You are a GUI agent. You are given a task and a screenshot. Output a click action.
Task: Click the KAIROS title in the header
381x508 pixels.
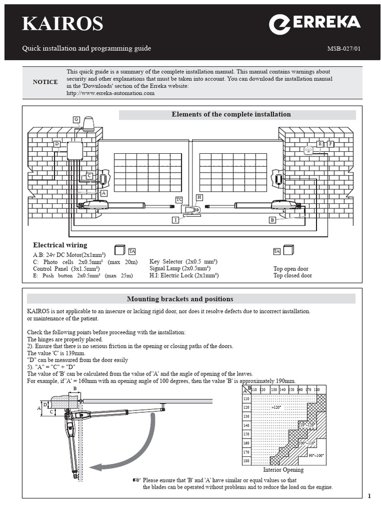click(x=62, y=24)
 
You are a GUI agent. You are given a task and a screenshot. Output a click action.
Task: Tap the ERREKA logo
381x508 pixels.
click(x=315, y=24)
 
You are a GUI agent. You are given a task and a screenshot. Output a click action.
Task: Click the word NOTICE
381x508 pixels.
click(x=45, y=82)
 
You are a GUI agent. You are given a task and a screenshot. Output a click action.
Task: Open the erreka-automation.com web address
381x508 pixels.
click(x=110, y=93)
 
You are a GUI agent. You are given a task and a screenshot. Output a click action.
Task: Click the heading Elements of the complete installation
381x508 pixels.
click(x=231, y=115)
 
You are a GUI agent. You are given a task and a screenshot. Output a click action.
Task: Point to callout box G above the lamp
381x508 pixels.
click(x=76, y=120)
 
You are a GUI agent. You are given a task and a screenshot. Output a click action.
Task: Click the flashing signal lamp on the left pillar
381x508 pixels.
click(x=89, y=124)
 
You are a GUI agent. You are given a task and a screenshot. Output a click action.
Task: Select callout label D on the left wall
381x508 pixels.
click(x=57, y=144)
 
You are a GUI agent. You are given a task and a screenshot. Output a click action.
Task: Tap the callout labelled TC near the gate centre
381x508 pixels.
click(x=179, y=199)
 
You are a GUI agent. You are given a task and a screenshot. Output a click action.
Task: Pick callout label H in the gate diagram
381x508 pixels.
click(x=199, y=197)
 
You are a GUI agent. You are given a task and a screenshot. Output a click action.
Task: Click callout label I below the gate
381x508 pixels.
click(x=176, y=220)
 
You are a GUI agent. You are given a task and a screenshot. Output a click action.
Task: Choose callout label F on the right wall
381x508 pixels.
click(x=330, y=144)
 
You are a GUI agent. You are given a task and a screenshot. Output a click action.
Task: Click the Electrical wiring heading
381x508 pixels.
click(x=60, y=245)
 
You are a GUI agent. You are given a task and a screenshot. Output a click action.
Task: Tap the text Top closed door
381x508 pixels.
click(x=293, y=276)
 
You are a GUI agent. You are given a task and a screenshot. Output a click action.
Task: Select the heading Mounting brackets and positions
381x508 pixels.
click(x=180, y=299)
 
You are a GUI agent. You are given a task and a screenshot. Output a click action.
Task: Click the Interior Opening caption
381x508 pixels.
click(x=283, y=470)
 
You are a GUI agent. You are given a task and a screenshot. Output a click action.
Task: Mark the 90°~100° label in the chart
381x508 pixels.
click(x=316, y=455)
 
